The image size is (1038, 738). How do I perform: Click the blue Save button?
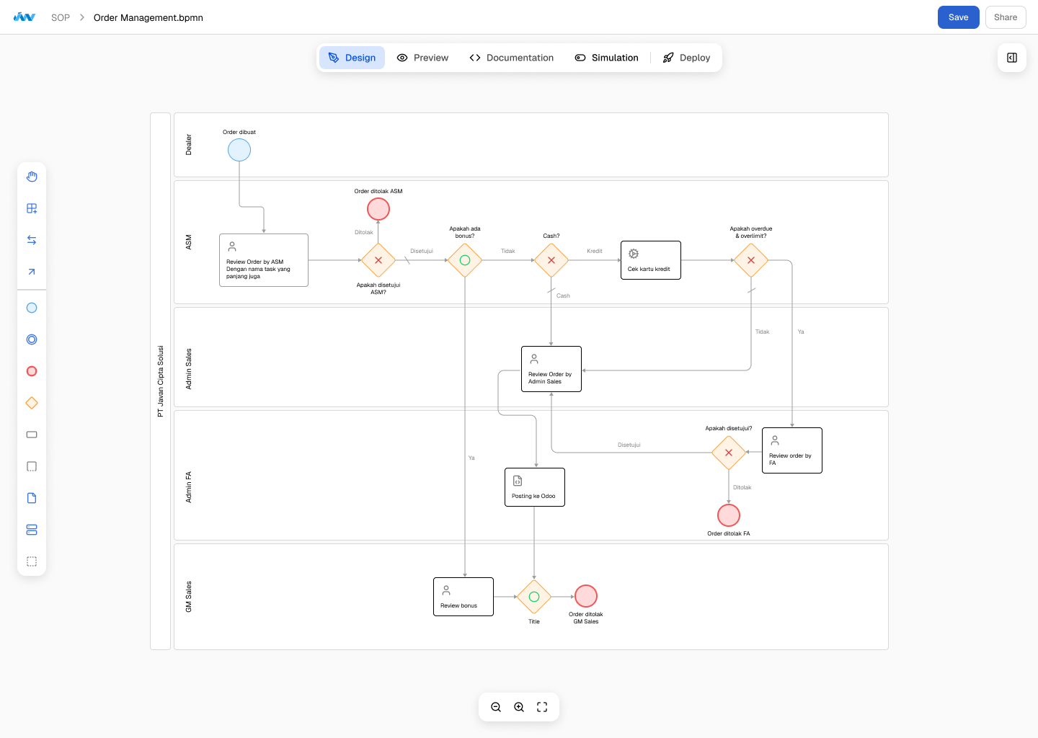click(x=958, y=17)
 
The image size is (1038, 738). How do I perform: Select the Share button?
click(x=1005, y=17)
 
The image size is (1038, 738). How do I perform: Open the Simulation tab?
click(x=606, y=58)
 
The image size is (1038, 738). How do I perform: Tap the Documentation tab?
click(x=511, y=58)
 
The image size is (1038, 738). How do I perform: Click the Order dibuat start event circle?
click(x=239, y=150)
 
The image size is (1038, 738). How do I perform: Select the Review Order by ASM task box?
click(x=264, y=260)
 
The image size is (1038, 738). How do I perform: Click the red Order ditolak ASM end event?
click(x=378, y=209)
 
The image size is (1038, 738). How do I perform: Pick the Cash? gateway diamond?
click(x=551, y=260)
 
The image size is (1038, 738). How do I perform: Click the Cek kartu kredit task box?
click(x=651, y=260)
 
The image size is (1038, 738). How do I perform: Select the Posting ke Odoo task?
click(x=535, y=487)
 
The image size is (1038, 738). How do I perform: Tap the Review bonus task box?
click(x=463, y=597)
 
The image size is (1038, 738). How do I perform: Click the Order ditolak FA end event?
click(x=729, y=515)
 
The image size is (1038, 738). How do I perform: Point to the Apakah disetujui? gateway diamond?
click(x=729, y=453)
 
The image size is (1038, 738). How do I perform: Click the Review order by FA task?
click(x=792, y=450)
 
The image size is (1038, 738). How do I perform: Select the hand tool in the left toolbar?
click(x=32, y=177)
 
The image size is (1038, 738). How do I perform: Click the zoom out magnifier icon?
click(x=496, y=707)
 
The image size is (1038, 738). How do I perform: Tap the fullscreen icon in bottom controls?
click(x=542, y=707)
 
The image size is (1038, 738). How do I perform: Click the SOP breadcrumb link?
click(x=61, y=17)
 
